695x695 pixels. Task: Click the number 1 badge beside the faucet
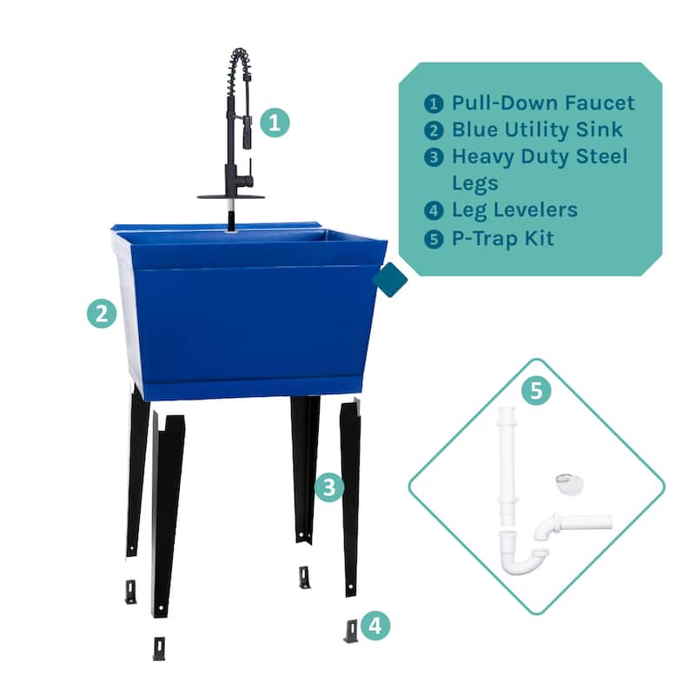tap(275, 122)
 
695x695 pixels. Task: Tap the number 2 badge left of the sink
tap(102, 313)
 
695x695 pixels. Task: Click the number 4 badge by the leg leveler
tap(375, 625)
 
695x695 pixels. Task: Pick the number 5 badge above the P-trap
tap(536, 391)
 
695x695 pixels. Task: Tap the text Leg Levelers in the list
tap(514, 210)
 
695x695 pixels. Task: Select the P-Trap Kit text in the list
tap(503, 237)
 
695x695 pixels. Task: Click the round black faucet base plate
tap(230, 196)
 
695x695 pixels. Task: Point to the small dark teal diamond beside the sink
tap(390, 280)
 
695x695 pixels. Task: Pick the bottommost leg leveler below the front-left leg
tap(159, 648)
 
